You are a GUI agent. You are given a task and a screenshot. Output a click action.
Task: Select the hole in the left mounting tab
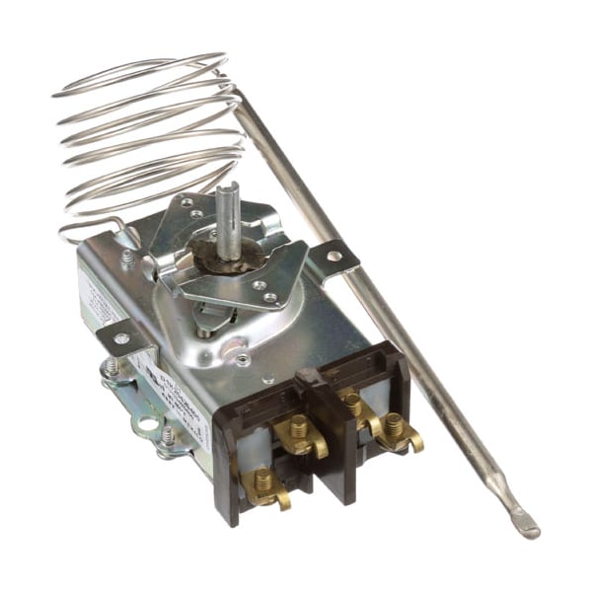point(120,338)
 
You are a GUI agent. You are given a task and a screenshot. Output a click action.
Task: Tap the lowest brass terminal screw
point(262,481)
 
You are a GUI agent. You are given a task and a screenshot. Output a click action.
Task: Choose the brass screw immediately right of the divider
point(351,403)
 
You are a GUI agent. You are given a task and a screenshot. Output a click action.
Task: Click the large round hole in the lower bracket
point(147,426)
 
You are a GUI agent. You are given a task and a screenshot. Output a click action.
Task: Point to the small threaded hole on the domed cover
point(242,359)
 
